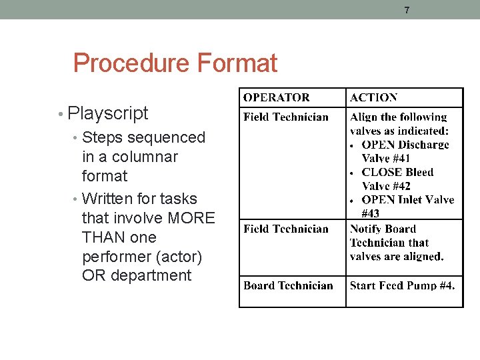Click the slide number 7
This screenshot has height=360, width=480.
407,10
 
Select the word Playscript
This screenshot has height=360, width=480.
108,113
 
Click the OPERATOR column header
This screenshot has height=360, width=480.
276,98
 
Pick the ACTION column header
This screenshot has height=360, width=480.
373,98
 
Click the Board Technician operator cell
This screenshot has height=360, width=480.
288,286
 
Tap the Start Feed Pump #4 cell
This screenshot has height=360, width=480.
402,286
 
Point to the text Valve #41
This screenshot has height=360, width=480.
386,159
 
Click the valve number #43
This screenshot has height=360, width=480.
370,214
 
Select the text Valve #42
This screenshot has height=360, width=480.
386,186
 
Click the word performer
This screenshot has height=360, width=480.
117,257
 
